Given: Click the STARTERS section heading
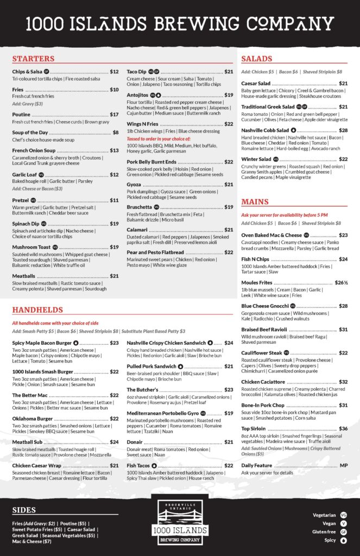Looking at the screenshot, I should [33, 59].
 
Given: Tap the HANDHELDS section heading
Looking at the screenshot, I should [37, 309].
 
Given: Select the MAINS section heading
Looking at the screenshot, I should [255, 202].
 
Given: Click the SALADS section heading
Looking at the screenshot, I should [257, 59].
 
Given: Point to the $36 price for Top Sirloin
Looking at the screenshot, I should [343, 428].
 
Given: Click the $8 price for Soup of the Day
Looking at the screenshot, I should [115, 132].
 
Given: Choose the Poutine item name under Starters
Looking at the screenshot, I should [21, 115].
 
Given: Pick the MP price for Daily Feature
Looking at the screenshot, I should [343, 465].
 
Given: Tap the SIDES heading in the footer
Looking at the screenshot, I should [24, 510].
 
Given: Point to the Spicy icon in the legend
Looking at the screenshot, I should [343, 541].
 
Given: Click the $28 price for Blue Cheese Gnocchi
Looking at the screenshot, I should [343, 306].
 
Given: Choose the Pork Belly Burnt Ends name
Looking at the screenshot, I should [151, 162].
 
